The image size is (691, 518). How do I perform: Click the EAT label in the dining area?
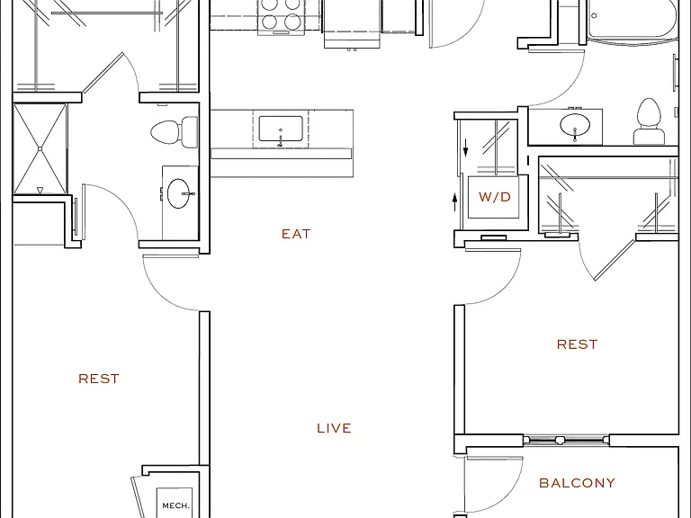point(296,234)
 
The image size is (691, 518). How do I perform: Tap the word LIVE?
point(334,428)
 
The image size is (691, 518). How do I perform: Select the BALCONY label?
point(577,483)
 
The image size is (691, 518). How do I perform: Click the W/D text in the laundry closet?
point(495,197)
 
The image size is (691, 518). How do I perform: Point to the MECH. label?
point(175,505)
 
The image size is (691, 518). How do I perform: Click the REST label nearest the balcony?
point(578,344)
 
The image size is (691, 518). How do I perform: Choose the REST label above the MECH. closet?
point(99,379)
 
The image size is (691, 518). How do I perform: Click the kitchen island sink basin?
point(281,129)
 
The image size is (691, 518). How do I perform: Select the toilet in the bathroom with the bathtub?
point(649,121)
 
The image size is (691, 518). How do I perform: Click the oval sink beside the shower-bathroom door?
point(179,193)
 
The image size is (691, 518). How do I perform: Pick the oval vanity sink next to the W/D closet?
point(575,125)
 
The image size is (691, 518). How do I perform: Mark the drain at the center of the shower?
point(40,149)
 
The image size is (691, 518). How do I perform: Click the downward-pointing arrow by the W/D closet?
point(466,147)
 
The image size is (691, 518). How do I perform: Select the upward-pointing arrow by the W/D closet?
point(455,202)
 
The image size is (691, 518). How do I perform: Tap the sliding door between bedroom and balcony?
point(566,440)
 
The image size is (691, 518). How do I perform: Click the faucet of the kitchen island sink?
point(281,138)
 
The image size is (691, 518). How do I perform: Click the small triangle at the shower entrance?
point(40,191)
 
